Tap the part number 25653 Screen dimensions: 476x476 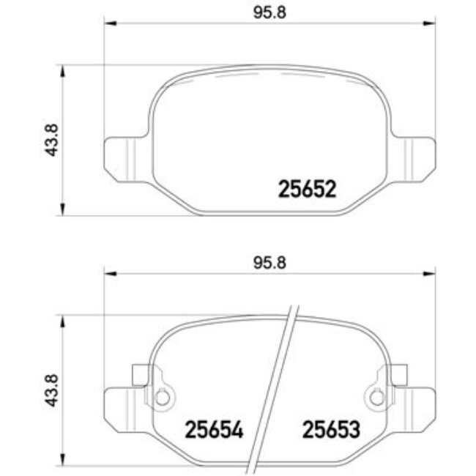tap(331, 430)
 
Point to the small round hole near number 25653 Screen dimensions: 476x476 tap(376, 398)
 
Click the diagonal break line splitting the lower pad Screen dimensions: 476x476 tap(276, 388)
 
